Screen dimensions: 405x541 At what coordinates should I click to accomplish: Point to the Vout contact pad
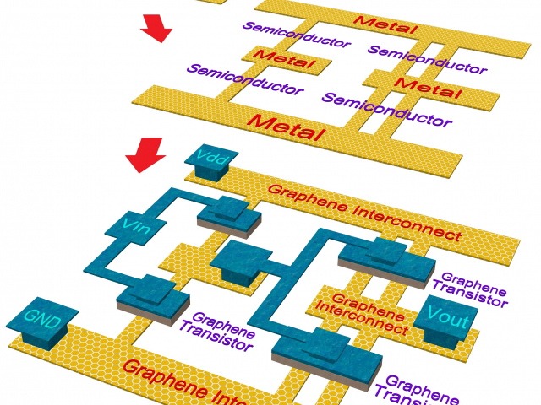[446, 316]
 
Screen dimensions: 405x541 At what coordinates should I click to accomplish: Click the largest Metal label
[285, 127]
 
